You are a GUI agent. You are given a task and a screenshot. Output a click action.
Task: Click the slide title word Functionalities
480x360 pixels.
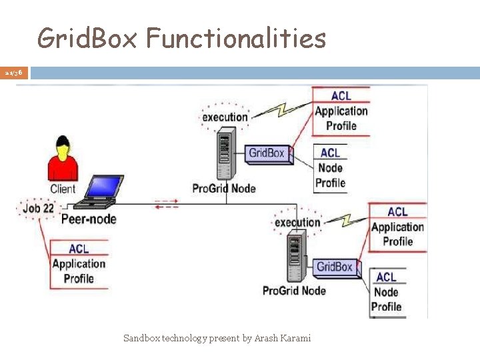[236, 39]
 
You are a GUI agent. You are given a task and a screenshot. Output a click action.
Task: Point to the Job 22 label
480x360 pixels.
[38, 208]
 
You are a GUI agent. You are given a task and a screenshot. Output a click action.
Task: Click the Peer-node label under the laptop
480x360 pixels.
[89, 219]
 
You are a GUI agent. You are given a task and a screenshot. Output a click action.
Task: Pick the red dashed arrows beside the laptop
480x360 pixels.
[167, 203]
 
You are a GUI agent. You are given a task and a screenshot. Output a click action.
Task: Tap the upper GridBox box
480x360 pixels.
[267, 153]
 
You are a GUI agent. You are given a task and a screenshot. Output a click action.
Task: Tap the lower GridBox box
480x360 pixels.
[334, 267]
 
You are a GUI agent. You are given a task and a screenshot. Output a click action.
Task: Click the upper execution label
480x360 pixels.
[225, 117]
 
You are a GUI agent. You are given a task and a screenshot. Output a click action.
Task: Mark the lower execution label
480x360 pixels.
[297, 222]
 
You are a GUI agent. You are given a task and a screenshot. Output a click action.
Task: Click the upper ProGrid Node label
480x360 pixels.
[224, 188]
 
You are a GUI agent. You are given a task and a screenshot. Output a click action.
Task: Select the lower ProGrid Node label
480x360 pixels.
[294, 290]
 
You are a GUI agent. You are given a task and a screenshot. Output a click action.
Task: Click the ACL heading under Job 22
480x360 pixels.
[79, 249]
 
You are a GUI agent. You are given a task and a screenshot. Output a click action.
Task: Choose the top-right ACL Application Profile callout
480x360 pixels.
[341, 111]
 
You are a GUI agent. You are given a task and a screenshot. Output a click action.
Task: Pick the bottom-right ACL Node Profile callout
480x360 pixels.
[387, 291]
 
